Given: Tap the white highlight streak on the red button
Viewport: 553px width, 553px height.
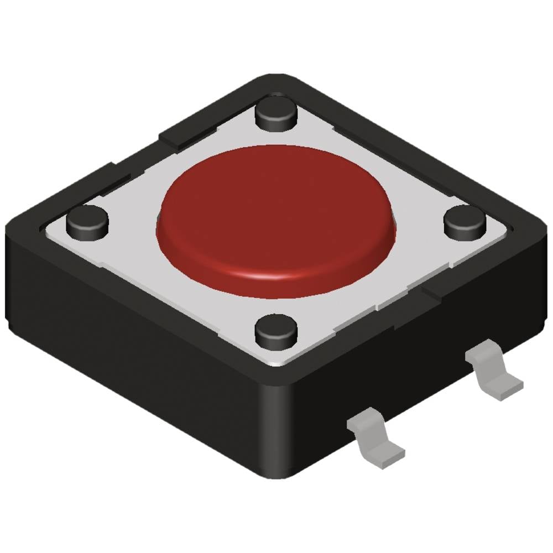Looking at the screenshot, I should pyautogui.click(x=271, y=275).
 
